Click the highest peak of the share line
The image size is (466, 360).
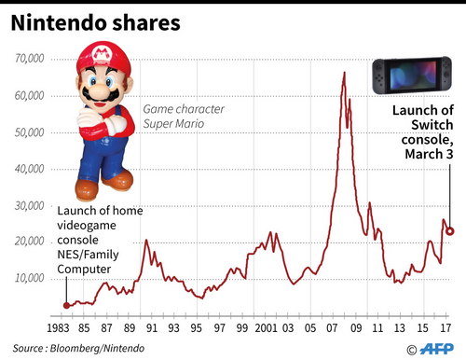(x=344, y=72)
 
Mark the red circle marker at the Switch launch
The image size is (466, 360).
(x=449, y=231)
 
